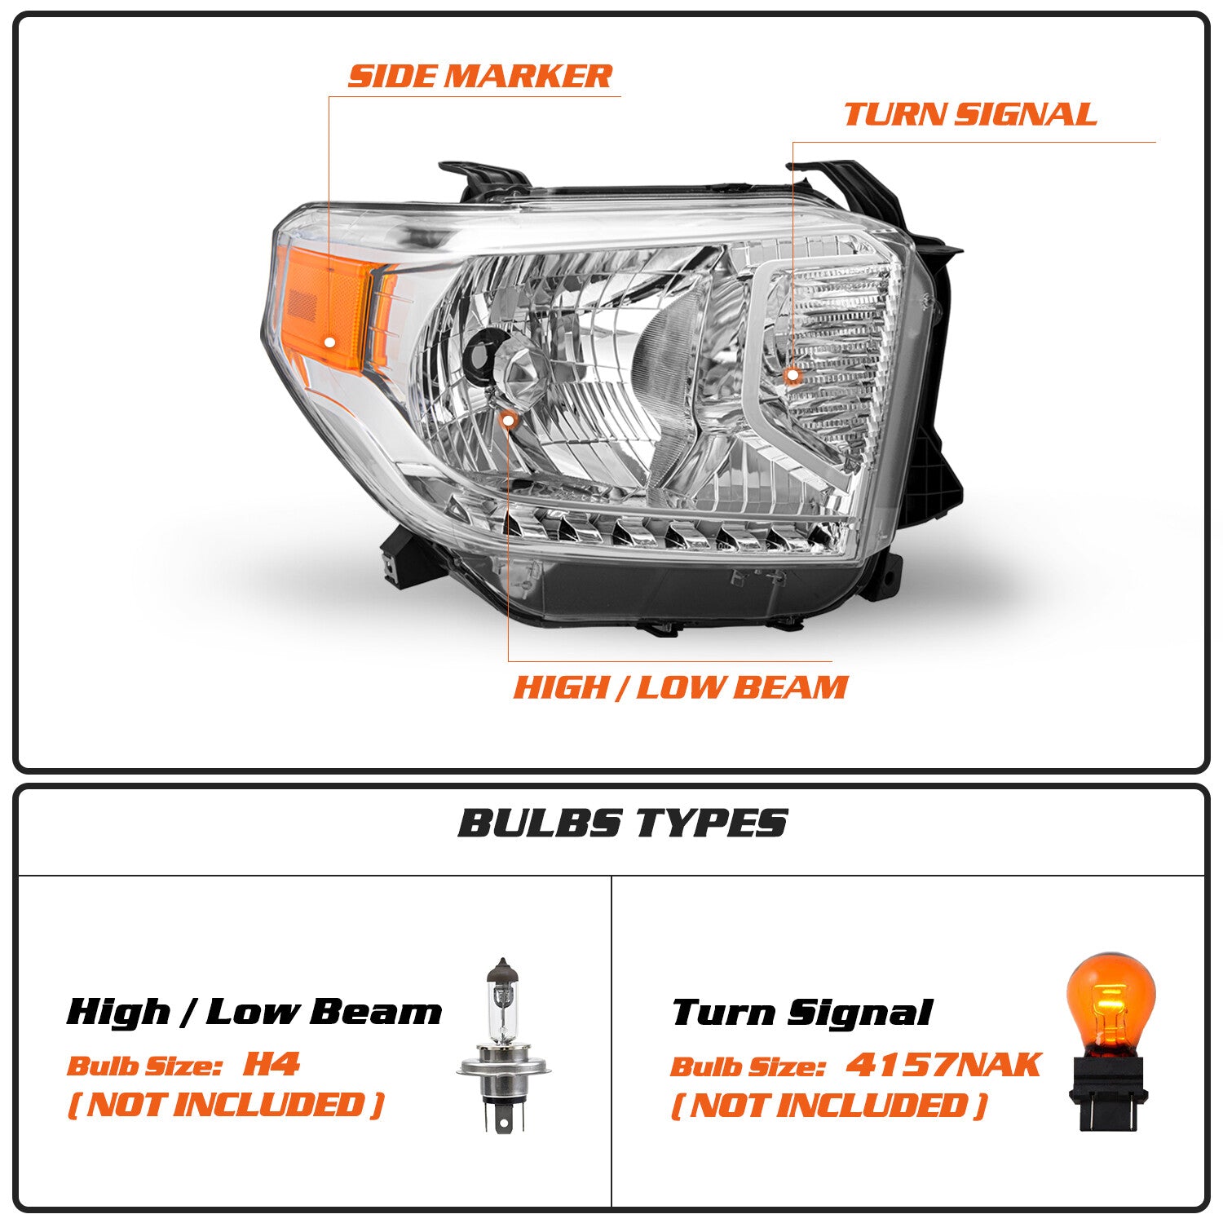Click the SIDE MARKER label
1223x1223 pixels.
pos(479,76)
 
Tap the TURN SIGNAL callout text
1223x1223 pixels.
pos(969,114)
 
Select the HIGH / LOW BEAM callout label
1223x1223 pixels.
pos(681,687)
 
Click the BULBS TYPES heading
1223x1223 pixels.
pos(622,823)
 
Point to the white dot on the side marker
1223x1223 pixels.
pos(329,342)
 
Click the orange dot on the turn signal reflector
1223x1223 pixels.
pos(793,376)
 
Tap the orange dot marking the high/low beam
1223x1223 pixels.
pos(509,421)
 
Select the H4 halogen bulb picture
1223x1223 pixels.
pos(504,1044)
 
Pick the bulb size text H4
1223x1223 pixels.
pos(272,1064)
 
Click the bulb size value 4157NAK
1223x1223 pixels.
pos(943,1065)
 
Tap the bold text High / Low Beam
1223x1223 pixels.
pos(254,1012)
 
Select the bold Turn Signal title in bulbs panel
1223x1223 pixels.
pos(801,1013)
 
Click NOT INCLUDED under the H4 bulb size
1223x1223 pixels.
pos(225,1105)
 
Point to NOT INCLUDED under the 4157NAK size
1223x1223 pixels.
pos(828,1106)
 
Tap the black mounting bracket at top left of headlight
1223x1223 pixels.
pos(485,177)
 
